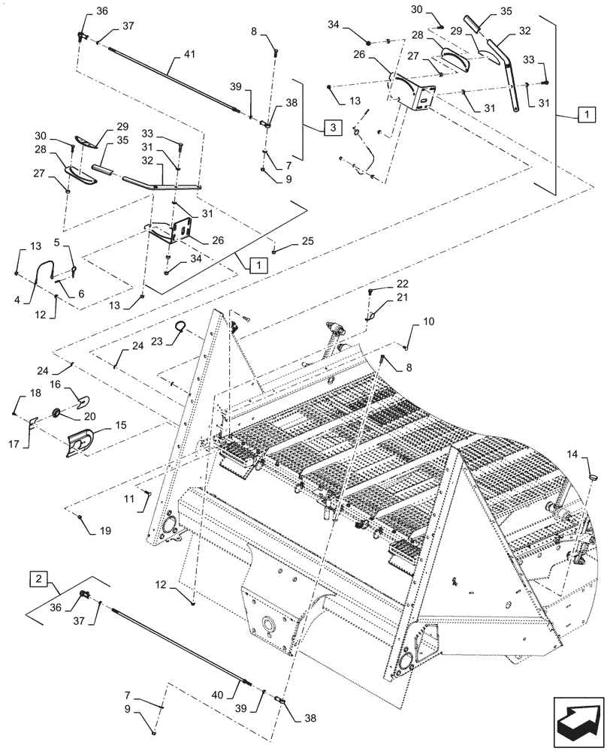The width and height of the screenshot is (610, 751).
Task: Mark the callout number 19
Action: (104, 530)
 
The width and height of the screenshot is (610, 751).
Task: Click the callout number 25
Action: (308, 240)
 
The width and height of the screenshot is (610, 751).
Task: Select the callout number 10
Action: (427, 321)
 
